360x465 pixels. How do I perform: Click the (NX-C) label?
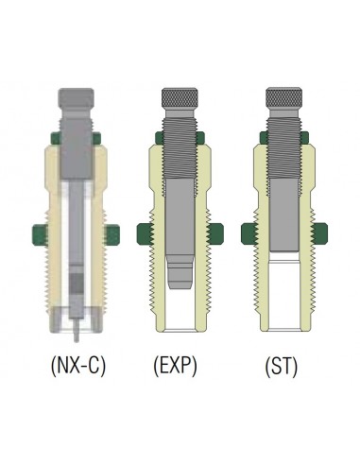[x=78, y=366]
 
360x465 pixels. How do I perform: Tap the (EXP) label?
[x=176, y=366]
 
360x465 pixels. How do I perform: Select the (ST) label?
[x=282, y=366]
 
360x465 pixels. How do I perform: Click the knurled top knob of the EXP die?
[x=180, y=97]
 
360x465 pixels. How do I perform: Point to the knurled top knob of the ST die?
[x=283, y=97]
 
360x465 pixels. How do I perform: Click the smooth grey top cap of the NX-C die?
[x=76, y=98]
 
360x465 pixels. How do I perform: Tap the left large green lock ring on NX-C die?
[x=40, y=235]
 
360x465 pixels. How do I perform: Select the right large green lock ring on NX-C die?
[x=112, y=235]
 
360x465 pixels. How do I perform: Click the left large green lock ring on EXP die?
[x=145, y=233]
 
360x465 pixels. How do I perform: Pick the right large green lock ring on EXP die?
[x=216, y=233]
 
